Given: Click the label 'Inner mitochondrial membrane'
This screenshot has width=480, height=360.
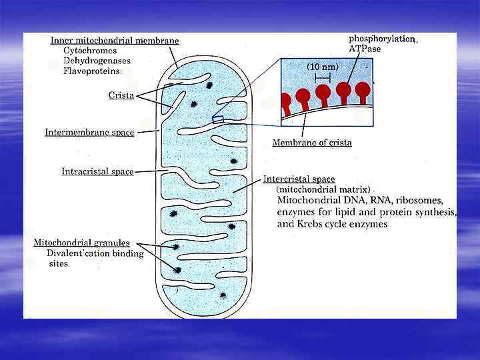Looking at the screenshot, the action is click(x=115, y=41).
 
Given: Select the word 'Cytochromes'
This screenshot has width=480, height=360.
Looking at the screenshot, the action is click(x=90, y=50).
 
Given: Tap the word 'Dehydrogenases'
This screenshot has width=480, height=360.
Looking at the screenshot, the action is click(x=96, y=61).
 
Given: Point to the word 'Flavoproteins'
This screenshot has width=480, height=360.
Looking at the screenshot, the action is click(x=92, y=71).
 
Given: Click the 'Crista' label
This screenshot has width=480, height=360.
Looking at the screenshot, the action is click(x=121, y=95).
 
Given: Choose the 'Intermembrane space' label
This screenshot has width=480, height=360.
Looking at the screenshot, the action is click(x=89, y=132).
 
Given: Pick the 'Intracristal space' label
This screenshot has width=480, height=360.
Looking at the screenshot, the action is click(x=97, y=171).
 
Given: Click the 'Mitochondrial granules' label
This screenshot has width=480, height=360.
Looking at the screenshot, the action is click(x=81, y=243).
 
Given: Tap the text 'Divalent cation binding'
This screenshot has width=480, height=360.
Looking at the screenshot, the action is click(x=95, y=253).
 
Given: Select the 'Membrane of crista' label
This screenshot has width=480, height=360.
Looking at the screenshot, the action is click(x=312, y=143).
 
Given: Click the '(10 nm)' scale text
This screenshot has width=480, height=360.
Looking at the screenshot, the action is click(x=323, y=67).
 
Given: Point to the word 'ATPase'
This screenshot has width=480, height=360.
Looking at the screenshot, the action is click(x=365, y=49).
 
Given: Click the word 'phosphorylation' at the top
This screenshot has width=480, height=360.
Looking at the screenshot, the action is click(x=381, y=39).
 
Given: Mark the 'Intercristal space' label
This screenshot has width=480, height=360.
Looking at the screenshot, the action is click(x=299, y=179).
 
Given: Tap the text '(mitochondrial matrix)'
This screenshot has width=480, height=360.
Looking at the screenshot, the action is click(x=323, y=189).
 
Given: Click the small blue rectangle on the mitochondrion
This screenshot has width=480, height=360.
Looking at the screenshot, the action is click(x=217, y=119).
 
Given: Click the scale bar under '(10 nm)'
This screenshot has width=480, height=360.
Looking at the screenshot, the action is click(x=323, y=78).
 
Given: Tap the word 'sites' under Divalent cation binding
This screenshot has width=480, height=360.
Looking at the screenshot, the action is click(x=59, y=264).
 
